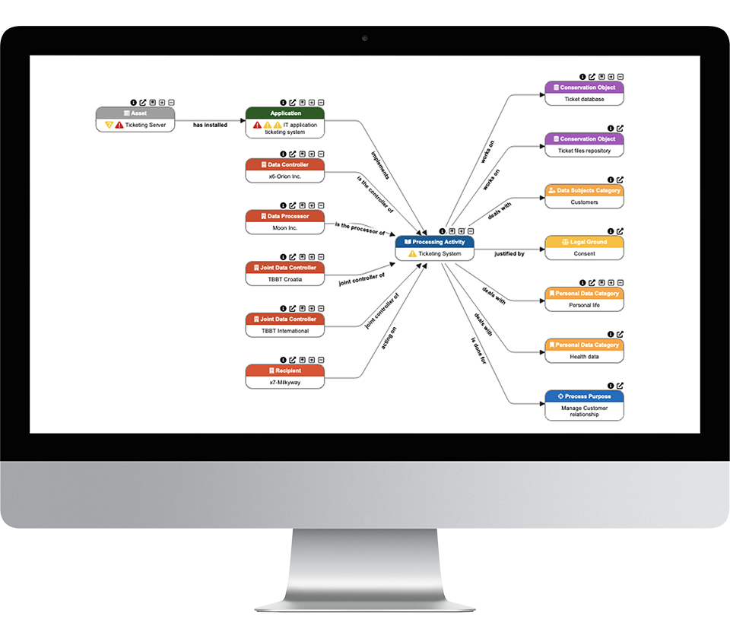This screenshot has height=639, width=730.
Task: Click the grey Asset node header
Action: pos(135,113)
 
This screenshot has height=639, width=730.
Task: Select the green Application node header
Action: pos(285,113)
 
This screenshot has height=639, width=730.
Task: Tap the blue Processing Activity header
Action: pos(434,242)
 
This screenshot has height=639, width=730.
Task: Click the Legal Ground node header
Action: pos(584,242)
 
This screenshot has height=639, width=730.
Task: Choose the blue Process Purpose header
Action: pos(584,396)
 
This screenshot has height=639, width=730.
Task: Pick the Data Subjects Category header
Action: pos(584,190)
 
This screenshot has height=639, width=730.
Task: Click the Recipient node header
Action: pos(285,370)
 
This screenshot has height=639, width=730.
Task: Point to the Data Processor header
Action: pos(285,216)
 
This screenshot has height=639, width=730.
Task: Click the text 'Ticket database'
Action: pos(584,100)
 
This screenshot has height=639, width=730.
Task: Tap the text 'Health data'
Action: pos(584,357)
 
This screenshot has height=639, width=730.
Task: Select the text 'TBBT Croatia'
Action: pos(285,279)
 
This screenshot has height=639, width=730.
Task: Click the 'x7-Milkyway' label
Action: pos(285,383)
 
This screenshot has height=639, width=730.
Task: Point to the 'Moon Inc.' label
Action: pos(285,228)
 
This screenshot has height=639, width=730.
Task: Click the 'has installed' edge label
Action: pos(210,125)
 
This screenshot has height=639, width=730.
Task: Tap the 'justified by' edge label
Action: pos(509,253)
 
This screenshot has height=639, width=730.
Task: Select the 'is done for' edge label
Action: pos(479,351)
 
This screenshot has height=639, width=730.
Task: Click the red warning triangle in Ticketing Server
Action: pos(119,125)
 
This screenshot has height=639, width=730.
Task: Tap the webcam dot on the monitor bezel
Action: pos(365,38)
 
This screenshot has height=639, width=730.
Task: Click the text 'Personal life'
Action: pos(584,305)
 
